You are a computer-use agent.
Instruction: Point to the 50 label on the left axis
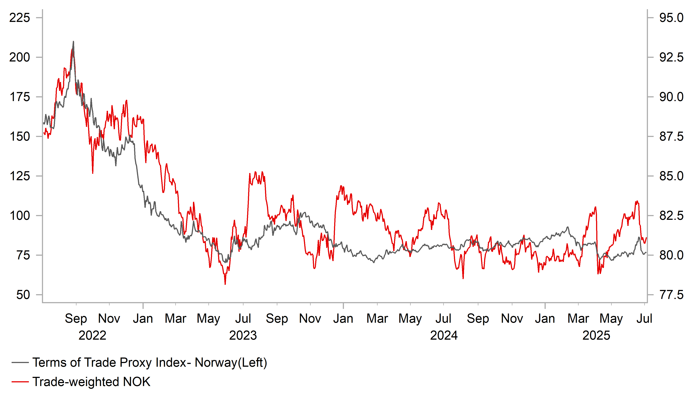tap(23, 295)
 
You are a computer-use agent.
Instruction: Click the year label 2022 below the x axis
tap(92, 335)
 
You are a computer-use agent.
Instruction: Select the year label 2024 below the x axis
tap(444, 335)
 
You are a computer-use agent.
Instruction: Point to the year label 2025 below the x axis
tap(596, 335)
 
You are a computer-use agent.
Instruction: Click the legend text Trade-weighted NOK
tap(91, 382)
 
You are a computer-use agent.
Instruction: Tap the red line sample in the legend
tap(20, 382)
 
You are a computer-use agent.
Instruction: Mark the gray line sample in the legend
tap(20, 363)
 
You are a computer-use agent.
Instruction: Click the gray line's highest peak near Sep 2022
tap(73, 42)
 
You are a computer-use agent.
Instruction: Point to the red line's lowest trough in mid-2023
tap(225, 284)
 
